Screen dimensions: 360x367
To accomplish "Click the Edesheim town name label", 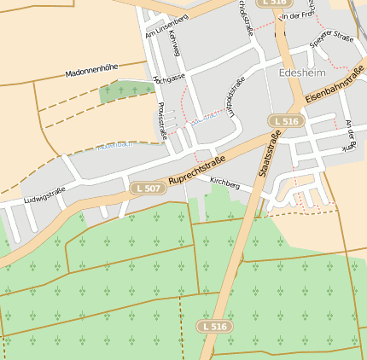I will pyautogui.click(x=302, y=73).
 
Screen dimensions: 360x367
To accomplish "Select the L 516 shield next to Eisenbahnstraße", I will pyautogui.click(x=286, y=121).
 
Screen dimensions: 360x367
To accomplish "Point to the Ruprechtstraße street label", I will pyautogui.click(x=196, y=171).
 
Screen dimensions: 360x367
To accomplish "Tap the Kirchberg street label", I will pyautogui.click(x=224, y=183).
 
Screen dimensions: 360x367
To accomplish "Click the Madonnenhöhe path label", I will pyautogui.click(x=91, y=71).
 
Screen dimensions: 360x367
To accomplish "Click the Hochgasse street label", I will pyautogui.click(x=169, y=78).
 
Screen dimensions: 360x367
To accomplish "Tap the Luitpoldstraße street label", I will pyautogui.click(x=229, y=96).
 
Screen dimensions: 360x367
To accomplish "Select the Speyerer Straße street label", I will pyautogui.click(x=331, y=38).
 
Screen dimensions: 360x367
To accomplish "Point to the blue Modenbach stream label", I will pyautogui.click(x=114, y=145).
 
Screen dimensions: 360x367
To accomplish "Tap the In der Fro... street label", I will pyautogui.click(x=297, y=15).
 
